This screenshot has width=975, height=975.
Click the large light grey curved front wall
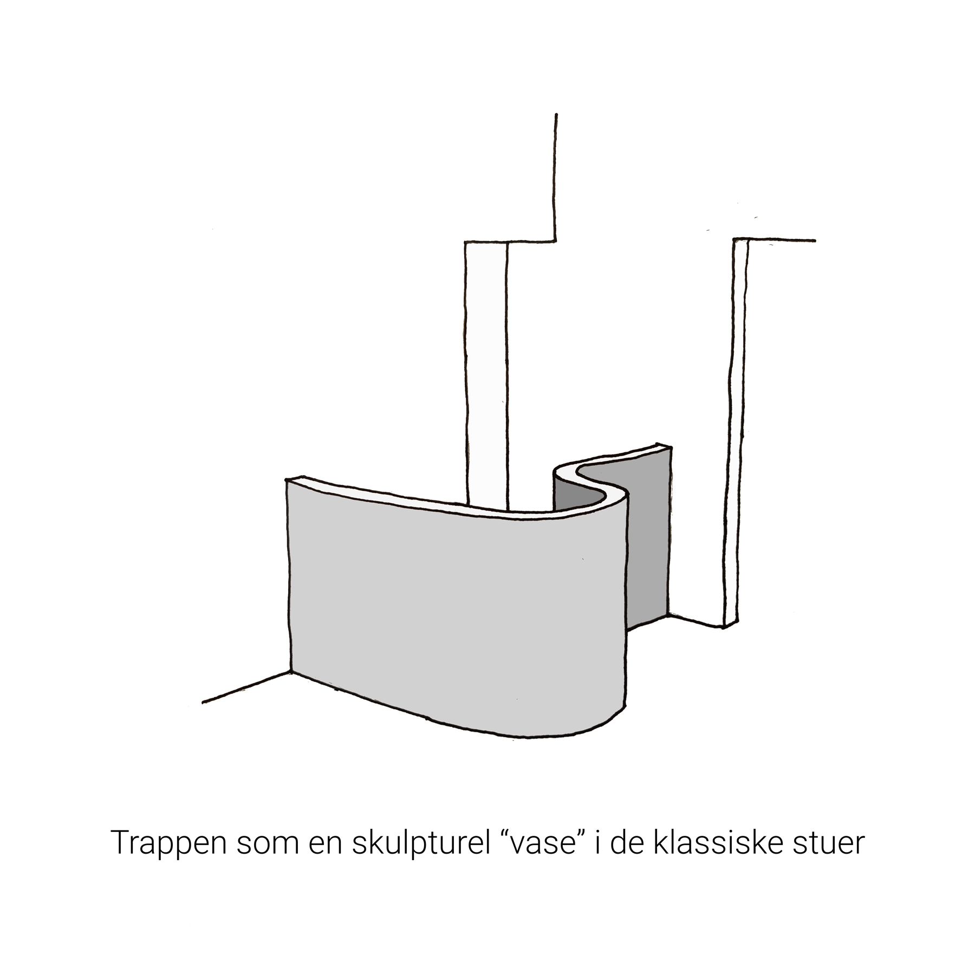coord(450,607)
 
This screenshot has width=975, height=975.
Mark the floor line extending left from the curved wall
coord(246,687)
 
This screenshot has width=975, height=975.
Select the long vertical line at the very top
coord(555,176)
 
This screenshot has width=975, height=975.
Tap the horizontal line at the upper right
coord(775,239)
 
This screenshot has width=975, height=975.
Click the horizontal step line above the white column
coord(509,241)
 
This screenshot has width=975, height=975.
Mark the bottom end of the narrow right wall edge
coord(725,628)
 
